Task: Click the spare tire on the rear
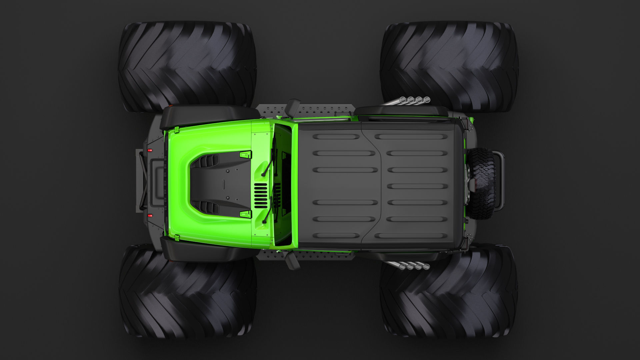(x=481, y=183)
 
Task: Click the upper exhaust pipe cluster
(x=415, y=99)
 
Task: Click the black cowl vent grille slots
(x=261, y=195)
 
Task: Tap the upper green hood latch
(x=245, y=154)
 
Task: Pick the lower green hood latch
(x=246, y=214)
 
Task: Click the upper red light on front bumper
(x=150, y=150)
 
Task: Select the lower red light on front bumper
(x=150, y=215)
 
